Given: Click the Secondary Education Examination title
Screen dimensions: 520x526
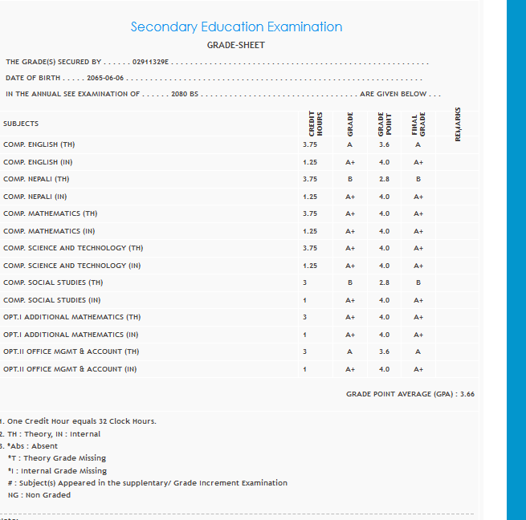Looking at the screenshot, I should tap(236, 27).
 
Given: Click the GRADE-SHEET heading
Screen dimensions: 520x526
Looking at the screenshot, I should tap(235, 45).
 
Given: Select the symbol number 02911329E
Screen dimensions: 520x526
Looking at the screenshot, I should tap(149, 62).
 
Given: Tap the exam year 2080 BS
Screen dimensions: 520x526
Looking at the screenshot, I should tap(185, 94).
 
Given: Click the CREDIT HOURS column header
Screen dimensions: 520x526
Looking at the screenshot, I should tap(314, 125).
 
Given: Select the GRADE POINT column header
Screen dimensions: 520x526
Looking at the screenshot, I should tap(384, 125).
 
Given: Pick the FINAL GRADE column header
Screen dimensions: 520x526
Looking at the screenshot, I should tap(418, 125).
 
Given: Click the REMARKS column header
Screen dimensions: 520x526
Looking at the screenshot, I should tap(458, 124).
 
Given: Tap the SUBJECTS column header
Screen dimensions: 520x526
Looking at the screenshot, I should tap(21, 124).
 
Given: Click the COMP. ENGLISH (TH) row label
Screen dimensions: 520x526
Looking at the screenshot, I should tap(39, 144).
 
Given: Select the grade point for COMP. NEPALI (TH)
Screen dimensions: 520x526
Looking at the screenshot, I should tap(384, 179).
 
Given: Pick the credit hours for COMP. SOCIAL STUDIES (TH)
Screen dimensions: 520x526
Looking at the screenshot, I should tap(304, 282).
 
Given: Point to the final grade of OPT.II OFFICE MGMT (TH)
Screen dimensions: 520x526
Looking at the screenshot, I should tap(418, 351).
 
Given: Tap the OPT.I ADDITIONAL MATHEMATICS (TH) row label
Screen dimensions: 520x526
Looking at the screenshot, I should tap(71, 317).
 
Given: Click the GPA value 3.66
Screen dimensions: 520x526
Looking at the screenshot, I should tap(467, 394).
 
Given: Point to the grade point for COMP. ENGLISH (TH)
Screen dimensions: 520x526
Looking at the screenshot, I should tap(384, 144).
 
